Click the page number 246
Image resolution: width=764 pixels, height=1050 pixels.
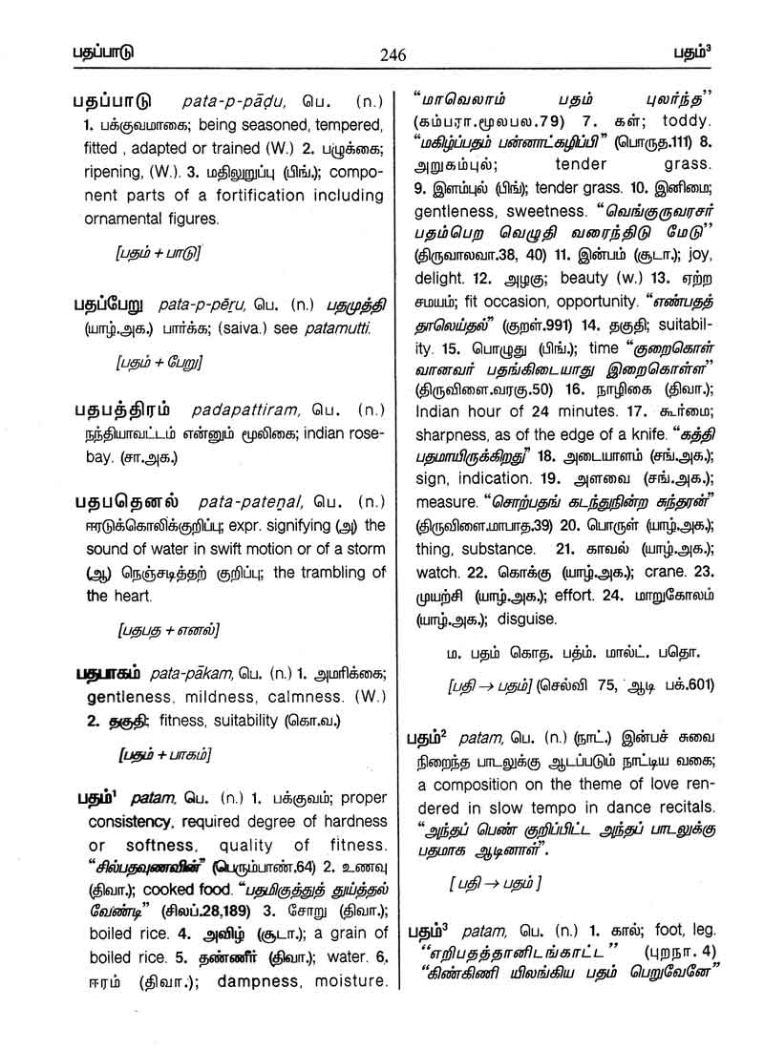coord(392,54)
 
